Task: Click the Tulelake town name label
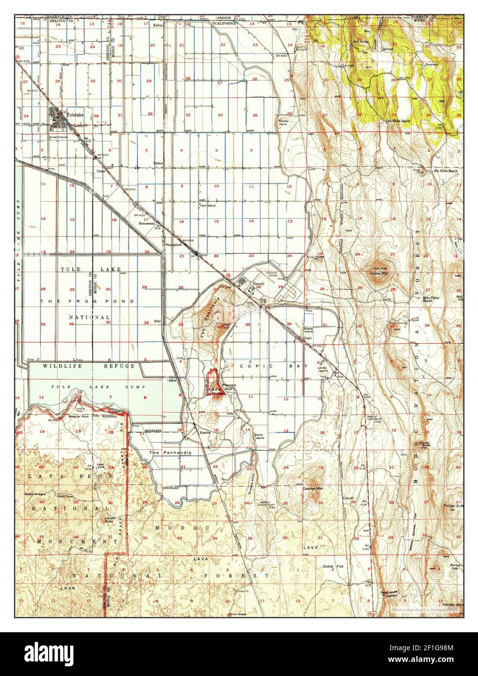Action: pyautogui.click(x=76, y=110)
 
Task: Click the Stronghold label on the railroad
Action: pyautogui.click(x=174, y=244)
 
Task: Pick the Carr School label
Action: pyautogui.click(x=208, y=205)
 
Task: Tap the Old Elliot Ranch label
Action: pyautogui.click(x=399, y=121)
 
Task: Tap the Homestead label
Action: pyautogui.click(x=146, y=223)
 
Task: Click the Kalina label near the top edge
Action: pyautogui.click(x=158, y=24)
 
